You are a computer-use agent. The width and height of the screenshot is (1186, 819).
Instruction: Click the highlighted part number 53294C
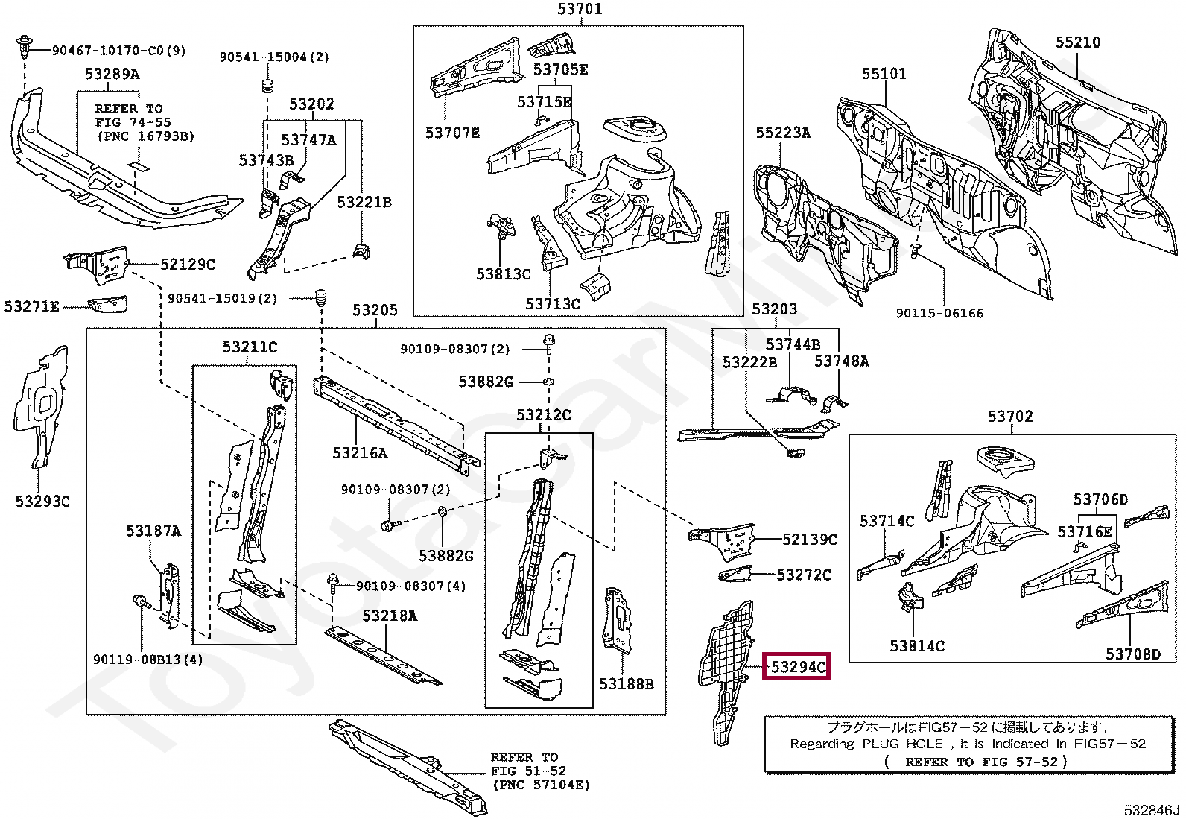pyautogui.click(x=797, y=666)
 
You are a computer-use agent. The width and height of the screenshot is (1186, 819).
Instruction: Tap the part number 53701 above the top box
pyautogui.click(x=580, y=9)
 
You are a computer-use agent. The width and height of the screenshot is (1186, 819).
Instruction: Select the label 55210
pyautogui.click(x=1077, y=42)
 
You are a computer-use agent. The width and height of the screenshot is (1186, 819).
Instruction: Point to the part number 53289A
pyautogui.click(x=112, y=74)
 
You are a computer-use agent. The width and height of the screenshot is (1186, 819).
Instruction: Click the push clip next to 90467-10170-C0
pyautogui.click(x=23, y=48)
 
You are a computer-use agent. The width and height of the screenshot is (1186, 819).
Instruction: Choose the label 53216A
pyautogui.click(x=360, y=453)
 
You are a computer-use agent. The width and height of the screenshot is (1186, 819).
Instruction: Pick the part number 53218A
pyautogui.click(x=390, y=616)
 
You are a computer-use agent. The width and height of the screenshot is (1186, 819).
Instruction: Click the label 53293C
pyautogui.click(x=42, y=501)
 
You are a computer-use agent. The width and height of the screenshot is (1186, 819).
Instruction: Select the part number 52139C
pyautogui.click(x=810, y=540)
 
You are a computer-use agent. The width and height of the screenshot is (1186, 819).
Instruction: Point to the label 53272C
pyautogui.click(x=804, y=575)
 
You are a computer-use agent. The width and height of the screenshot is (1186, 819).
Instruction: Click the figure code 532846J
pyautogui.click(x=1152, y=811)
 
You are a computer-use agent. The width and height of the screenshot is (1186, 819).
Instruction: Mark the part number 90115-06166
pyautogui.click(x=940, y=313)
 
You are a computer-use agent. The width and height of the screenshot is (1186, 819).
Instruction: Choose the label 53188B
pyautogui.click(x=627, y=684)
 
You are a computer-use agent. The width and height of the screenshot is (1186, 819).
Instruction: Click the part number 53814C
pyautogui.click(x=917, y=646)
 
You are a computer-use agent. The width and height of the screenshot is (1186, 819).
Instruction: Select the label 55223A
pyautogui.click(x=783, y=133)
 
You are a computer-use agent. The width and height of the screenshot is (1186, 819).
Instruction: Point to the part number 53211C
pyautogui.click(x=250, y=347)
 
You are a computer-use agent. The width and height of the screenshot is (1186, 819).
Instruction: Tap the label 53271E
pyautogui.click(x=32, y=307)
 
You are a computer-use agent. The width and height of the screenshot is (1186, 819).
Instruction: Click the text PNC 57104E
pyautogui.click(x=541, y=785)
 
